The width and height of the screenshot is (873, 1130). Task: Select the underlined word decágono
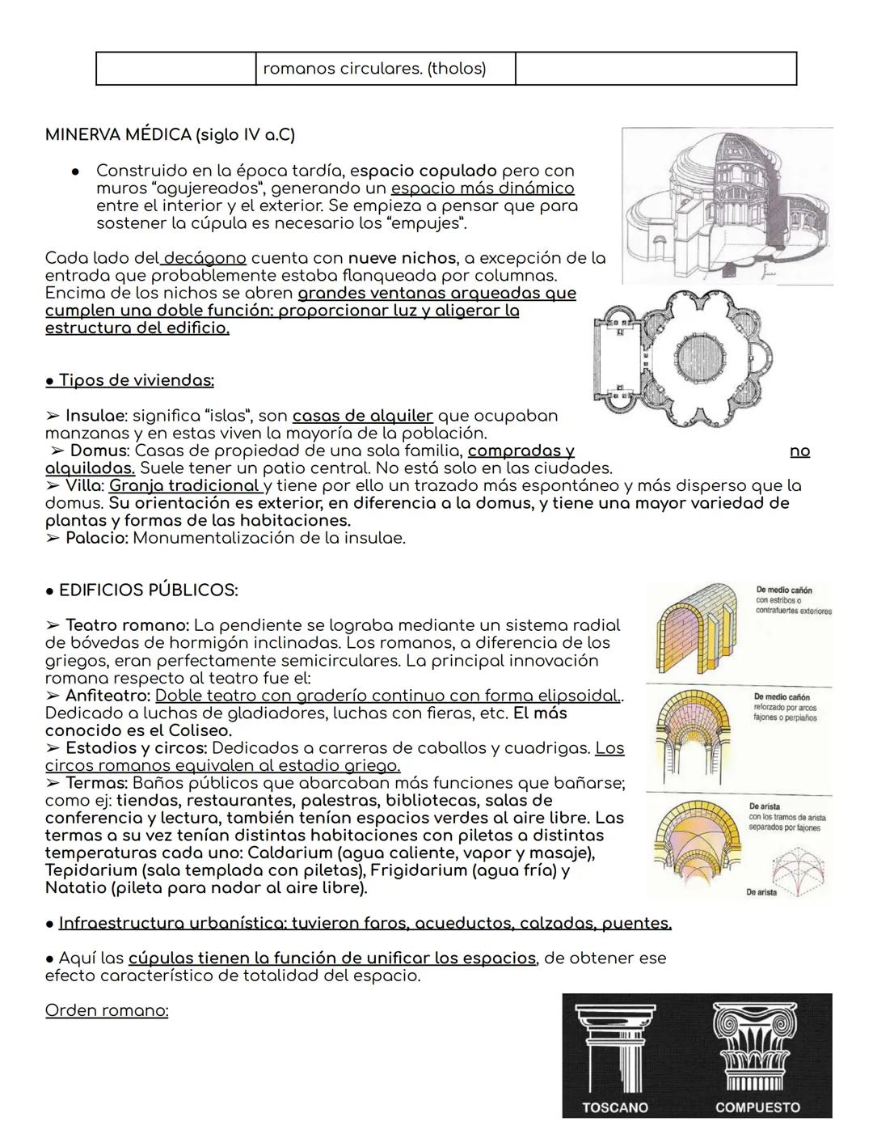(x=204, y=258)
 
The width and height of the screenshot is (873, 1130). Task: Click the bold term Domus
(x=99, y=451)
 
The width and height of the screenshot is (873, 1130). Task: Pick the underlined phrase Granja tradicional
(x=184, y=485)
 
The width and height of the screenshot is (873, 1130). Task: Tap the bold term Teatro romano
(x=127, y=625)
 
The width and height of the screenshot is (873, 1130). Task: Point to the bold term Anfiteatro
(x=108, y=696)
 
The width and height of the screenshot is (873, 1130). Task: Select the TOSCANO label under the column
(x=614, y=1107)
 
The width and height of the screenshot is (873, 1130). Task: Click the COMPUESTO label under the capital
(x=757, y=1107)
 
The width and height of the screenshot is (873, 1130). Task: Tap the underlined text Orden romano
(x=107, y=1010)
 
